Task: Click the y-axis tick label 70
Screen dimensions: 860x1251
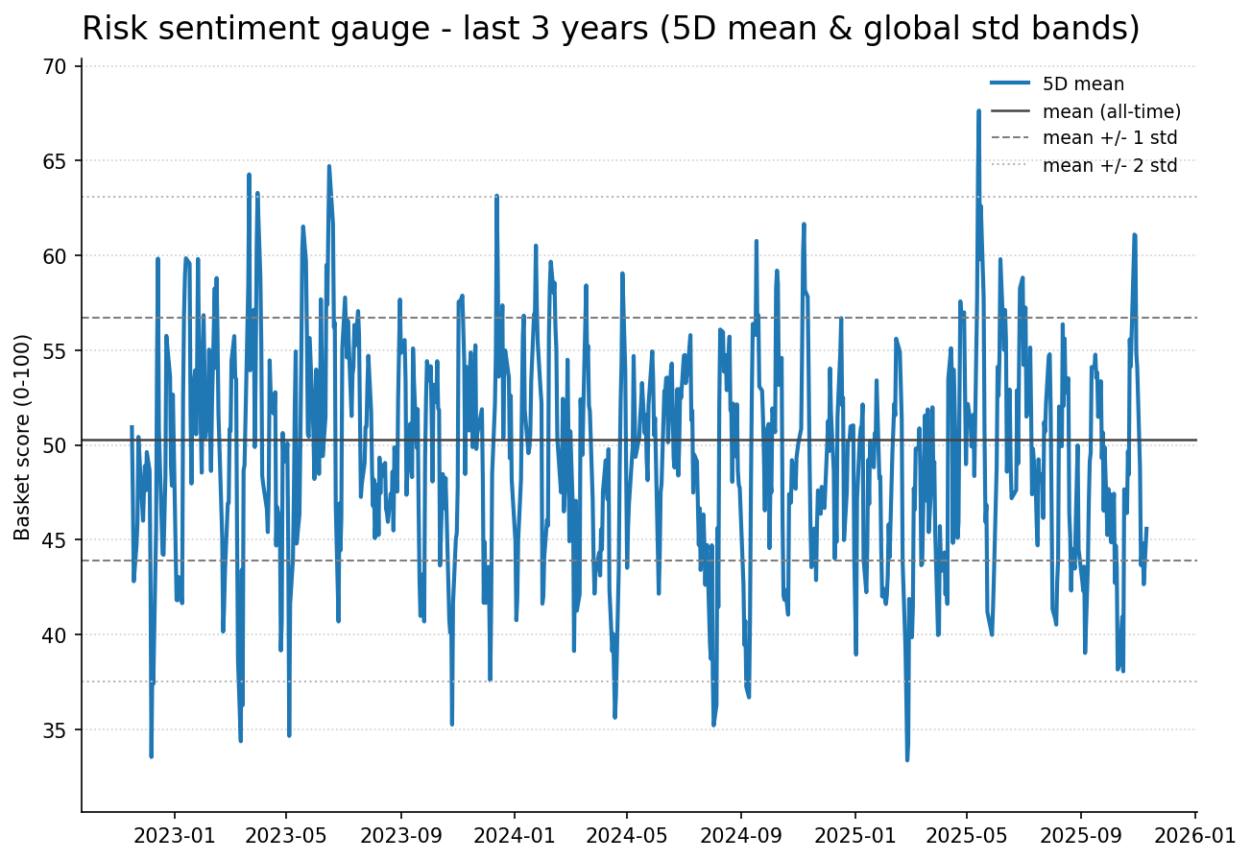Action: pos(56,67)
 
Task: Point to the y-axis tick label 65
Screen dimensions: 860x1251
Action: pos(56,161)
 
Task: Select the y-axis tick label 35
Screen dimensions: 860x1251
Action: pos(56,730)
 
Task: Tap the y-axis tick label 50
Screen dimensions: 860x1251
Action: pos(56,446)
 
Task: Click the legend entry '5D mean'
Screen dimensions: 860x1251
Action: pos(1083,84)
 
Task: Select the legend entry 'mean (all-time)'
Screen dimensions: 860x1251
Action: pos(1111,111)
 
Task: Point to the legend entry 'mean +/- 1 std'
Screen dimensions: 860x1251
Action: pos(1110,138)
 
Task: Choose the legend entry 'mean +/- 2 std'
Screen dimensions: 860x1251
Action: pos(1110,165)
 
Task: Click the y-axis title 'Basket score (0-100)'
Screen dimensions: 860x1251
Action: pos(23,437)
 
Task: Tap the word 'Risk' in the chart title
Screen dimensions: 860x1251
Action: pos(113,30)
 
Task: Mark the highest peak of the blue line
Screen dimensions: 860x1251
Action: pos(978,111)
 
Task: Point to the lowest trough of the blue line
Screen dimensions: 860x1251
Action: pos(906,760)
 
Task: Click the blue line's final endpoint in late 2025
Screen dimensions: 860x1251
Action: pos(1146,528)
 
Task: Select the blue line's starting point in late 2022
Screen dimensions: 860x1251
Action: pos(132,427)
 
